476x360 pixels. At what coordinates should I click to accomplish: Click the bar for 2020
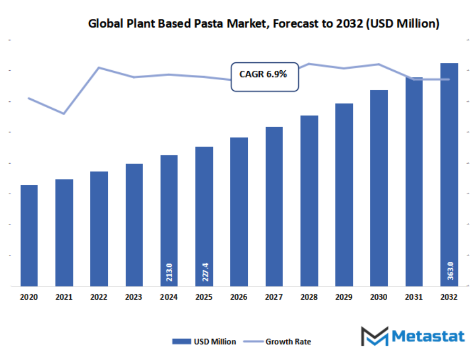click(x=29, y=235)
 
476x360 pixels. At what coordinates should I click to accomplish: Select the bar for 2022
click(x=99, y=229)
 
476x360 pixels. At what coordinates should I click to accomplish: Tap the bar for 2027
click(x=274, y=206)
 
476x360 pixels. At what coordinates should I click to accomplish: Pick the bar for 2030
click(x=379, y=188)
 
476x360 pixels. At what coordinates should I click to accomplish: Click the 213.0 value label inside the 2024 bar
click(x=170, y=272)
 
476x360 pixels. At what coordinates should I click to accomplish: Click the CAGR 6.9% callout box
click(x=265, y=76)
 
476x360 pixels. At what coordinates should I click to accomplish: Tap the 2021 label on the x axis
click(x=64, y=298)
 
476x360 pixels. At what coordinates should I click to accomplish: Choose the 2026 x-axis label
click(x=239, y=298)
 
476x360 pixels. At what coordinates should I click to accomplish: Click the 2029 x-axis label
click(x=344, y=298)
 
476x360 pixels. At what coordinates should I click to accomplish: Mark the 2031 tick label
click(x=414, y=298)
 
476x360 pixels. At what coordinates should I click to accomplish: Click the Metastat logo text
click(x=428, y=336)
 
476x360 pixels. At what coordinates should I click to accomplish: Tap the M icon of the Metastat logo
click(x=374, y=336)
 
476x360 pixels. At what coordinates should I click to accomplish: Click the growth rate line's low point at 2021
click(x=64, y=113)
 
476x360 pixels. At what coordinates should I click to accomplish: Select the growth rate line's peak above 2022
click(x=99, y=68)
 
